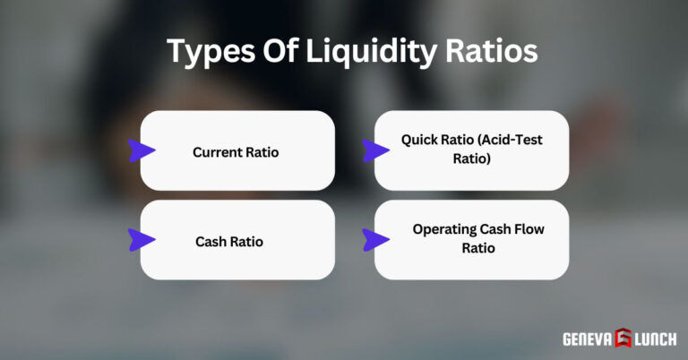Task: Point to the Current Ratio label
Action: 236,152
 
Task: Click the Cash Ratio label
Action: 229,242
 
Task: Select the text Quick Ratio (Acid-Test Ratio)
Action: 471,150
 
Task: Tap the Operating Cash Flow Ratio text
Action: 478,238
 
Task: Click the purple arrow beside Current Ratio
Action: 142,151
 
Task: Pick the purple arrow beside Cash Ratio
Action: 142,239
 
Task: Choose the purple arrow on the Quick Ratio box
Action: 375,150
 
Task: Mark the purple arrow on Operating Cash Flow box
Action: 375,238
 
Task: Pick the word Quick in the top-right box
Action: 419,141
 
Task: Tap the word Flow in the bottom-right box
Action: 528,229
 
